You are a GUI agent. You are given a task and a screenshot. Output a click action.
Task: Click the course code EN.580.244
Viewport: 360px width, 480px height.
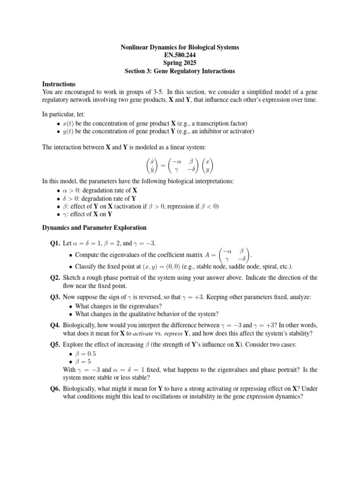point(180,55)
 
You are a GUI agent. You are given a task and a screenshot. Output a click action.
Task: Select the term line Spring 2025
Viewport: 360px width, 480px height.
point(180,63)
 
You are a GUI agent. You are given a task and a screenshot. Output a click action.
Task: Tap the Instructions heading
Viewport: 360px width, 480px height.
point(58,83)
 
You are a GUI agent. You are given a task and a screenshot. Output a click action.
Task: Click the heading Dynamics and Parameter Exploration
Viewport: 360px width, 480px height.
point(94,228)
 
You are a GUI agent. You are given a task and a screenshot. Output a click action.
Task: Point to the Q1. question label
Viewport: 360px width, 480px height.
point(56,244)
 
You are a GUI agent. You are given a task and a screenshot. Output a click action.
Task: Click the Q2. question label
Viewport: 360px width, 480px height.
point(56,277)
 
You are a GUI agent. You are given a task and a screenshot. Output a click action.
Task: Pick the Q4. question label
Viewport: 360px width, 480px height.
point(56,325)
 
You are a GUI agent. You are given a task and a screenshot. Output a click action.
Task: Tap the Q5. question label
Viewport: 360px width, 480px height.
point(56,345)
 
